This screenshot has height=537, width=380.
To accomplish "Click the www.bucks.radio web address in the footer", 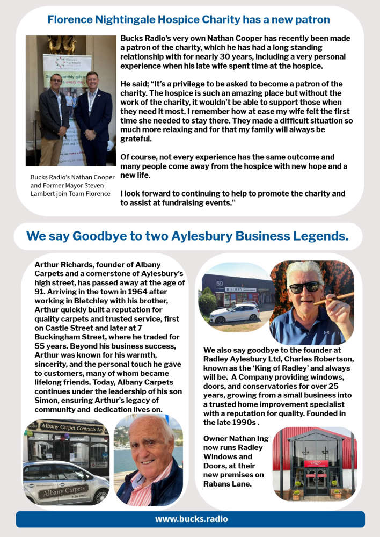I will coord(191,519).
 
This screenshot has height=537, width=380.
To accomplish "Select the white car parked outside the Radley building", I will coord(235,313).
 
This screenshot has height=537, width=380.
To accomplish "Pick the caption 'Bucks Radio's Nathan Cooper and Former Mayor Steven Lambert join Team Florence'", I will coord(72,186).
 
